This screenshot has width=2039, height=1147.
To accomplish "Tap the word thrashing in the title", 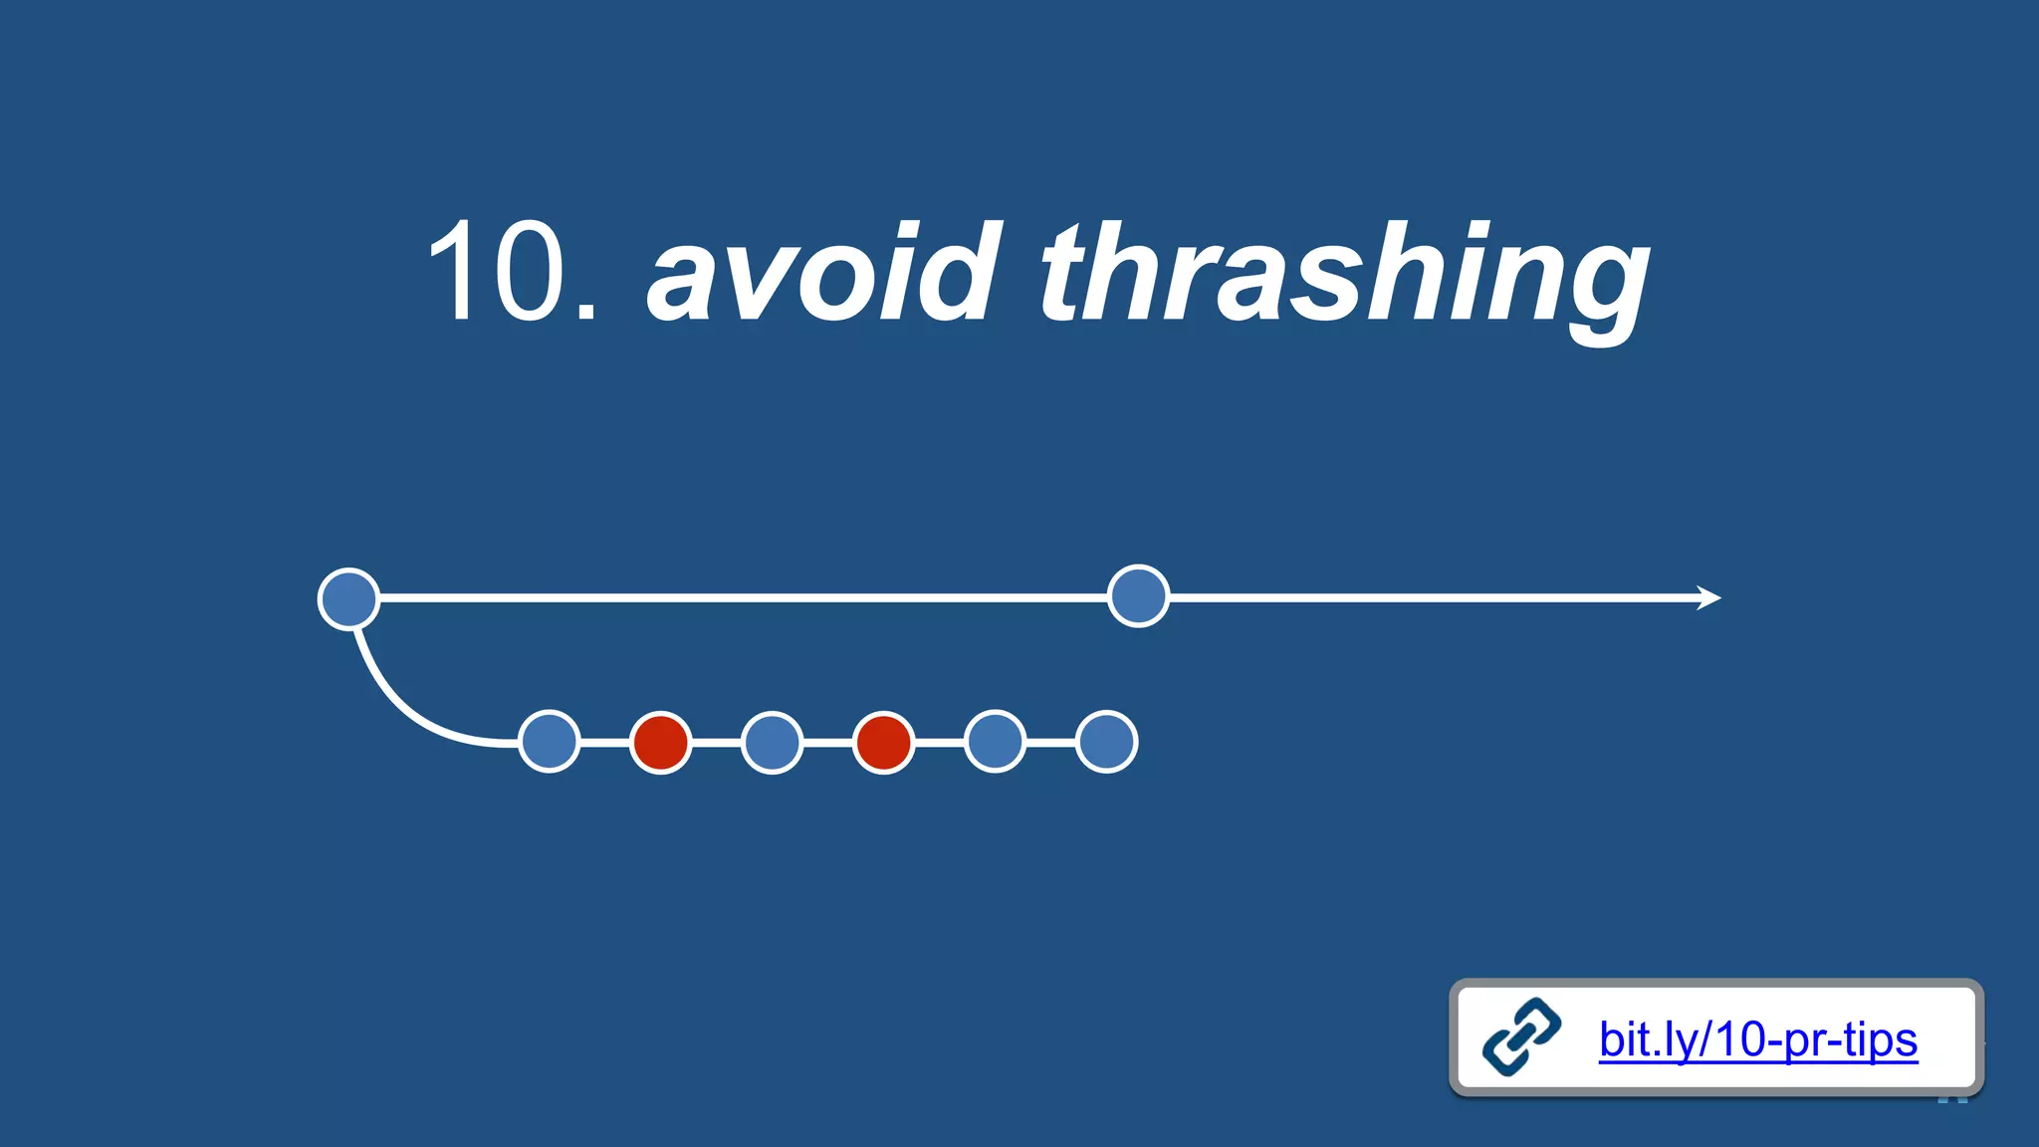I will point(1344,274).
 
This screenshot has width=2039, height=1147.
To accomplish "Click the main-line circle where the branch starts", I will point(348,598).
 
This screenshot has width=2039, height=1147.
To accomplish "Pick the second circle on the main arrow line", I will point(1138,596).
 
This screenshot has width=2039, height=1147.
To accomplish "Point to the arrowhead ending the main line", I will point(1709,597).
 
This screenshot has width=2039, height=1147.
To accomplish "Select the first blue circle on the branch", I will point(550,742).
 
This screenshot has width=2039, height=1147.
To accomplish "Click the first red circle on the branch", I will point(661,742).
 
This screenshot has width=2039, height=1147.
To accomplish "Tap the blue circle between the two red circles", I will point(773,742).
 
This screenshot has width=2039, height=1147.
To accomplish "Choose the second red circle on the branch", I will point(884,742).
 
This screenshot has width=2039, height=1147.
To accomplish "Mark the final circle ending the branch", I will point(1107,742).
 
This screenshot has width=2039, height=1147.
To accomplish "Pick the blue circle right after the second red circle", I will point(996,742).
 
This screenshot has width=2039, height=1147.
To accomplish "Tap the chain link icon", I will point(1521,1037).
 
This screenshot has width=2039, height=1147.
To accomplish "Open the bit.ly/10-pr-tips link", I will point(1757,1039).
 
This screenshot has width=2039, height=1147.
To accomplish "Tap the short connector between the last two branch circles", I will point(1051,742).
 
